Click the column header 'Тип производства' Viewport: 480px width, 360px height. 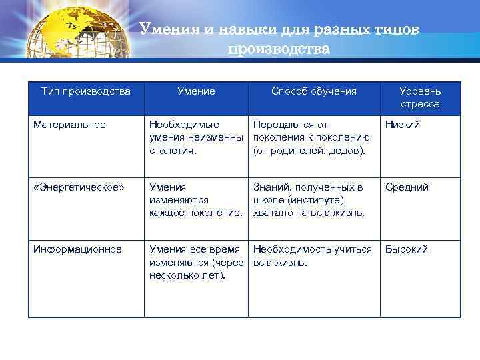(x=85, y=91)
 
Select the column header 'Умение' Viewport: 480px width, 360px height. (x=196, y=91)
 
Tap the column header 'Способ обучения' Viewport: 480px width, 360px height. (x=313, y=91)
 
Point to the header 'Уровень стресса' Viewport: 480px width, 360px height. (x=419, y=98)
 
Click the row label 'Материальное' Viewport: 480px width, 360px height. (x=69, y=125)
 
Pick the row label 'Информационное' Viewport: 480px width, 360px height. (x=77, y=249)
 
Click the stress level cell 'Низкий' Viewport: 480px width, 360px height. (x=402, y=125)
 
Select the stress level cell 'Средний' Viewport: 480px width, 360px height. (x=405, y=187)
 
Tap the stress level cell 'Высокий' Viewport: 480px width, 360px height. (x=406, y=249)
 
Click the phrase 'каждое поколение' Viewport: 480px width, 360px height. (x=195, y=213)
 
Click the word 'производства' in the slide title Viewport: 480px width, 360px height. (x=279, y=49)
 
